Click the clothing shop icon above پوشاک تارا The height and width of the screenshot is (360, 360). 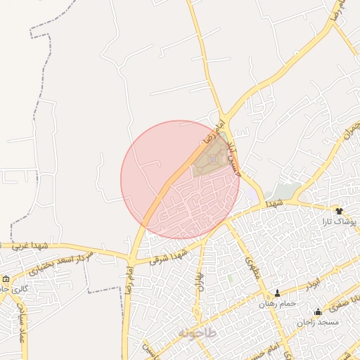tap(339, 211)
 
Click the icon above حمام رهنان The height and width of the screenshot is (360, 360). tap(277, 293)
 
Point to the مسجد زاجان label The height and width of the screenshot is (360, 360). tap(317, 322)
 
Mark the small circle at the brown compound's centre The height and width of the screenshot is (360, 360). tap(213, 160)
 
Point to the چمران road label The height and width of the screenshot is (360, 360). tap(351, 131)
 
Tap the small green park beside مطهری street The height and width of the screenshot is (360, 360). tap(230, 279)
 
